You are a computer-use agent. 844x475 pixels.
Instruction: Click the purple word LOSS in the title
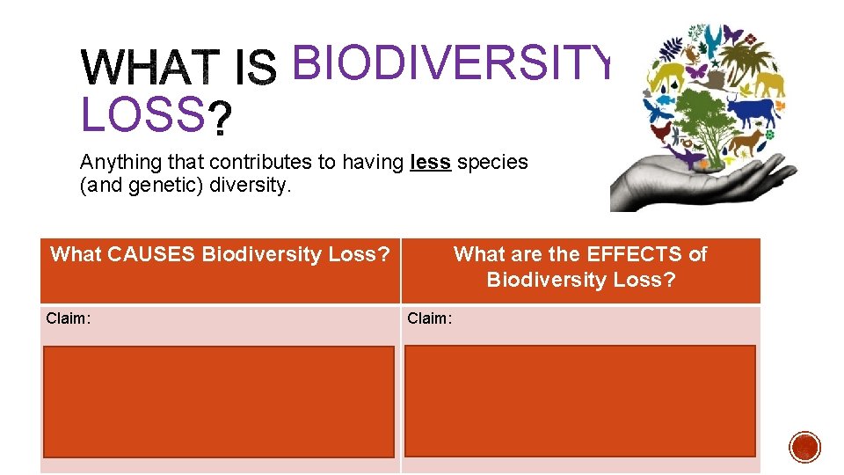pos(141,115)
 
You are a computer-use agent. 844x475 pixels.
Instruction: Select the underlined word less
pos(431,162)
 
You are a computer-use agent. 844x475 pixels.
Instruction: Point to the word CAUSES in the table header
pos(152,254)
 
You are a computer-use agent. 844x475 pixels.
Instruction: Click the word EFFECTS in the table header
pos(631,254)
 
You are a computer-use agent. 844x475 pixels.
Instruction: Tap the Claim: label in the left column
pos(68,318)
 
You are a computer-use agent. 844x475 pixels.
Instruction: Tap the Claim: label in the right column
pos(429,318)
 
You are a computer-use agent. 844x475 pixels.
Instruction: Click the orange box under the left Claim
pos(219,401)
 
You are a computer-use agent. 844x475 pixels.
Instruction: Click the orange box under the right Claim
pos(579,401)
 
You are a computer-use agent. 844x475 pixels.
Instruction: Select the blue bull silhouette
pos(753,111)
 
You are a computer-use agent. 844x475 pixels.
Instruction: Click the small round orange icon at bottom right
pos(804,447)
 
